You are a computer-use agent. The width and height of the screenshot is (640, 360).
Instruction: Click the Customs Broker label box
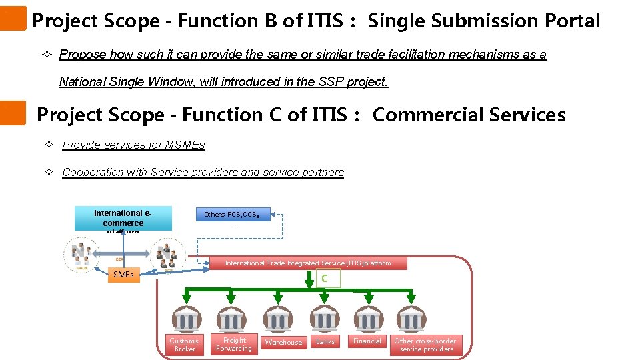185,345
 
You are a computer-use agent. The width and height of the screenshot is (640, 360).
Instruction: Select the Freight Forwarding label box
234,344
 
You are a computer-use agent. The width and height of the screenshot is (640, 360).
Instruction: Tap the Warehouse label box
283,342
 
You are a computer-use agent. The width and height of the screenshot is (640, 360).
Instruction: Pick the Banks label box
325,341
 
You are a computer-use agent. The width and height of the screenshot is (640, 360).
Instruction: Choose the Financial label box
367,341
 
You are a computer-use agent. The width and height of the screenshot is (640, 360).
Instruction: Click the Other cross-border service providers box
426,345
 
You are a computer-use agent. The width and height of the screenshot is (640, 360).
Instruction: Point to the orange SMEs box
124,274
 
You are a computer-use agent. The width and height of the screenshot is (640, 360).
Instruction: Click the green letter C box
325,279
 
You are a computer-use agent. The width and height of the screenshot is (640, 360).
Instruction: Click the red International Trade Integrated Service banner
308,263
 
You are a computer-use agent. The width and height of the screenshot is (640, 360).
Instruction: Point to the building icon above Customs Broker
185,319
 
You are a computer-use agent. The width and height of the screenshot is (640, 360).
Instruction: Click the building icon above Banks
325,319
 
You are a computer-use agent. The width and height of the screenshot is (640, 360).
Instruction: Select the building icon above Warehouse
279,319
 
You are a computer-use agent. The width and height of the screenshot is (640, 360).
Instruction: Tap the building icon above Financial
367,319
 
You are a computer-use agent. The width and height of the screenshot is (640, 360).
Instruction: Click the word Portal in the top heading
571,21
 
